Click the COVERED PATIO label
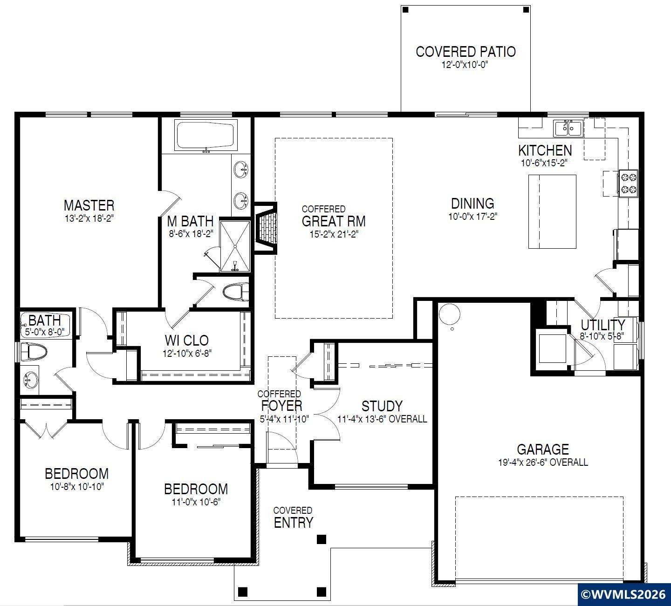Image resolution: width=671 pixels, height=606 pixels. (x=466, y=52)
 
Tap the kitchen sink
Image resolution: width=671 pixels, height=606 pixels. (x=568, y=129)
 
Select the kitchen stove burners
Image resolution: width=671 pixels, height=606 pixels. (x=629, y=184)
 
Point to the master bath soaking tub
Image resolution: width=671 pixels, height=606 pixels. (x=205, y=136)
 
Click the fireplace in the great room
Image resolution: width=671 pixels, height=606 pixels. (x=266, y=228)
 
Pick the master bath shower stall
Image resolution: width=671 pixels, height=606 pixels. (x=235, y=246)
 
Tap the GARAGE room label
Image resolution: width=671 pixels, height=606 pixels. (x=543, y=449)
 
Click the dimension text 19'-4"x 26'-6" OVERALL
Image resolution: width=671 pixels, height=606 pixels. (x=543, y=462)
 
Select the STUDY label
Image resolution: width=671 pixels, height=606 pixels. (x=382, y=406)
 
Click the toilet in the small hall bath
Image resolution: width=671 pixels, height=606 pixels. (x=34, y=352)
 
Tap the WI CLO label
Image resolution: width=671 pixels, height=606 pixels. (x=187, y=340)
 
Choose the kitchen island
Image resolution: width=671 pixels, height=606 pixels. (x=552, y=211)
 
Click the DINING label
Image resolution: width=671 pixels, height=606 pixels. (x=472, y=204)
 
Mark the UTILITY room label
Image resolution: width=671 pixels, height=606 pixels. (x=603, y=325)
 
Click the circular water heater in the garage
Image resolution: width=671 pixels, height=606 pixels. (x=449, y=314)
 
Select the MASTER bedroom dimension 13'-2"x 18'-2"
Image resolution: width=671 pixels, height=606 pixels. (x=89, y=218)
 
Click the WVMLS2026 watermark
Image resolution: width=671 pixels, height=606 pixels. (x=624, y=594)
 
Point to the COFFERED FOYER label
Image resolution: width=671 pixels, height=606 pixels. (x=281, y=401)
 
